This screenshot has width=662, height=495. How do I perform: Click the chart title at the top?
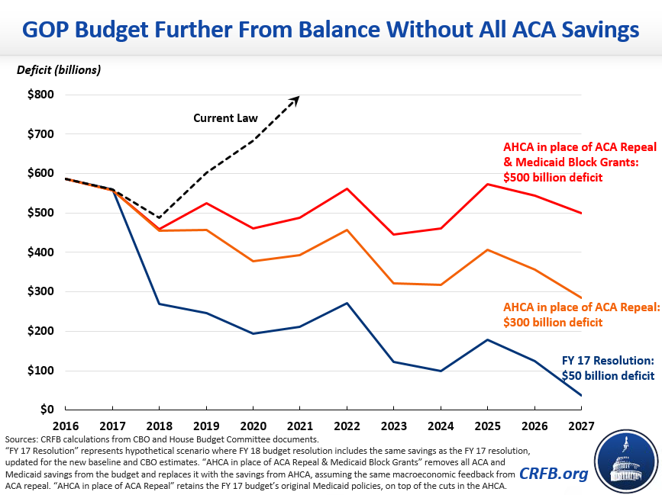click(331, 30)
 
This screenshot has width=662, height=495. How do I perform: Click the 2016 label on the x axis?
click(66, 426)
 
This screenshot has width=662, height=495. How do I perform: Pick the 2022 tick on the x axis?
click(347, 426)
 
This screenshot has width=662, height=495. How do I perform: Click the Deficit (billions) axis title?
click(59, 70)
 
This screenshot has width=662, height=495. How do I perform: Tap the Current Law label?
click(225, 118)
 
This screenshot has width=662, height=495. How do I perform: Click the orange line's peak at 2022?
click(347, 230)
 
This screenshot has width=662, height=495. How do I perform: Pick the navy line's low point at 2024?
click(441, 371)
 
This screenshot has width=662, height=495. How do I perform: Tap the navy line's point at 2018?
click(160, 304)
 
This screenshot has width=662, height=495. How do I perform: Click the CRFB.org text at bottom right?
click(554, 474)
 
